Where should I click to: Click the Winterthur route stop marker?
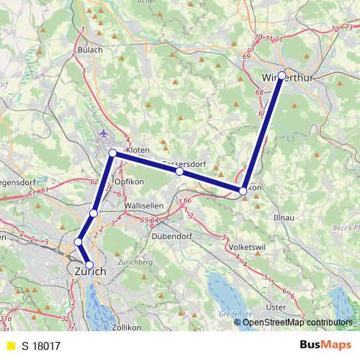(x=282, y=75)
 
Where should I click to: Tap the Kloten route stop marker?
(x=113, y=153)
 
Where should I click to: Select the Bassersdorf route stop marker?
(x=179, y=172)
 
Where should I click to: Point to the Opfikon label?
(x=130, y=183)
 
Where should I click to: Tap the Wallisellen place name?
(x=145, y=206)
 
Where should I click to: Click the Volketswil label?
(x=247, y=247)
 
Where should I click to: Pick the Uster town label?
(x=276, y=307)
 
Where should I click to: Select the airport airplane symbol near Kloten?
(x=105, y=133)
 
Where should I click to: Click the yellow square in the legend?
(x=10, y=346)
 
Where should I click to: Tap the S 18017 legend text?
(x=41, y=346)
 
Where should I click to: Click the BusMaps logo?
(x=324, y=346)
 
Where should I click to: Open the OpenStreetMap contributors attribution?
(x=297, y=322)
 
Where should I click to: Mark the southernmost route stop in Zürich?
(x=89, y=265)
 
